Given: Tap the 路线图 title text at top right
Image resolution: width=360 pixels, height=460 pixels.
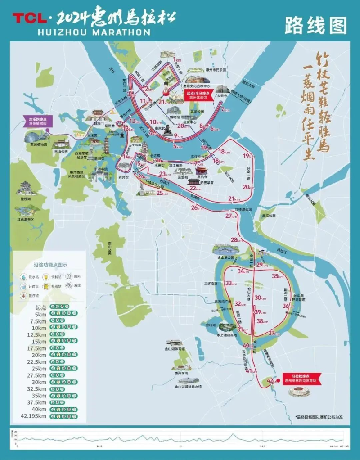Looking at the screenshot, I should pyautogui.click(x=316, y=26).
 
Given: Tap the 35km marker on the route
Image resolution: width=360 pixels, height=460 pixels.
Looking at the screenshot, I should pyautogui.click(x=278, y=276).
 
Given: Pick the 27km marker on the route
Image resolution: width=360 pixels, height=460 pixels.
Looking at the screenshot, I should pyautogui.click(x=231, y=216).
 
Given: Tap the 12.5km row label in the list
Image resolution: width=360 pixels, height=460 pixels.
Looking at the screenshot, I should pyautogui.click(x=36, y=334).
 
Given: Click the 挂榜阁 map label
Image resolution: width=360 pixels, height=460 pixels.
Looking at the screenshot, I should pyautogui.click(x=25, y=198).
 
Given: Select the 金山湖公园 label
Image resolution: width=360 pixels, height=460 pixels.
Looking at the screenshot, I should pyautogui.click(x=225, y=258).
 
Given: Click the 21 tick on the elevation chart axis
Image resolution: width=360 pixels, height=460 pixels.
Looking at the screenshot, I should pyautogui.click(x=180, y=446).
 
